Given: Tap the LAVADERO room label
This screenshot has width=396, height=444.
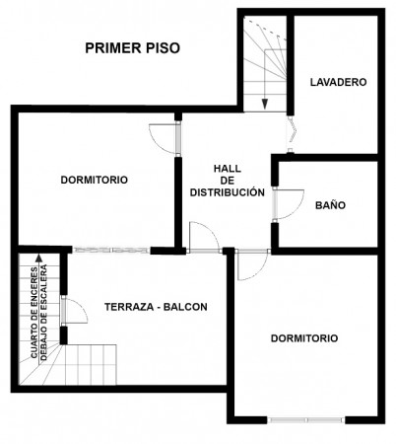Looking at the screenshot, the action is (338, 82).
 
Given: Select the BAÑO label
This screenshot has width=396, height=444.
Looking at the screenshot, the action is (330, 205).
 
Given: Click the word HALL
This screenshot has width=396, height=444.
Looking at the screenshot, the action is (228, 169).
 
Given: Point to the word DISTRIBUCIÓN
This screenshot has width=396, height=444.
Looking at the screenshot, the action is (228, 192).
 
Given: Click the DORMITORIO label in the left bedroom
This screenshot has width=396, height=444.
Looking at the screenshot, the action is (95, 180).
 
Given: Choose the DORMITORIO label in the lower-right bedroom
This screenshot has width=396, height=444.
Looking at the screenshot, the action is (304, 338).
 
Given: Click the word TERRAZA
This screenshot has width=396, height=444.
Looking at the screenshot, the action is (129, 307).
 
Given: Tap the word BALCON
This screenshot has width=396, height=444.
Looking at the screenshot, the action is (185, 307).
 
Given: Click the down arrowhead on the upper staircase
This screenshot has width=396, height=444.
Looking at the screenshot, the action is (265, 105).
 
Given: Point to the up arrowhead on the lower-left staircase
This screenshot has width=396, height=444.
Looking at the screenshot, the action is (39, 258).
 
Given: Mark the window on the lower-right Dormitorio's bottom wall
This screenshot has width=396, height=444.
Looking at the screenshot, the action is (305, 420).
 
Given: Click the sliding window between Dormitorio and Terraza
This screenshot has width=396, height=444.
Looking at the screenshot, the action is (111, 251).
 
